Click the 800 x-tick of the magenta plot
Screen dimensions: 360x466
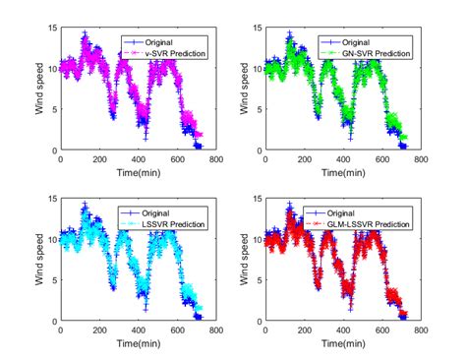(215, 160)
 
